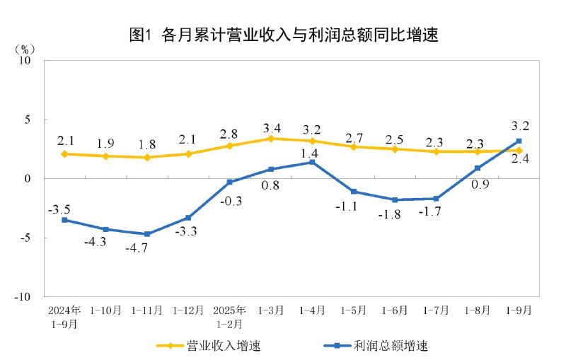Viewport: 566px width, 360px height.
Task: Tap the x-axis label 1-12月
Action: (x=188, y=310)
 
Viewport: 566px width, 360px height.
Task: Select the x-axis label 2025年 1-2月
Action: (x=229, y=316)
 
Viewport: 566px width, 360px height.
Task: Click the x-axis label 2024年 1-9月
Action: (x=64, y=316)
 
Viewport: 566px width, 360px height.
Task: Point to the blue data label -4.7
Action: (x=146, y=248)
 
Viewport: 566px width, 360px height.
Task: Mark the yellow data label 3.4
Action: (x=271, y=129)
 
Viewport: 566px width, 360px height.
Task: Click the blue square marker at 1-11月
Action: (x=147, y=234)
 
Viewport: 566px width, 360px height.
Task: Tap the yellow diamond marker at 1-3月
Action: (x=271, y=139)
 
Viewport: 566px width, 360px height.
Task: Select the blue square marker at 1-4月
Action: (x=312, y=163)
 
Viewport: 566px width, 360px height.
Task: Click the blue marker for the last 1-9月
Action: (x=519, y=141)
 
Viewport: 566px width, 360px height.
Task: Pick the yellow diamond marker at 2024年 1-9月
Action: (x=64, y=153)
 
